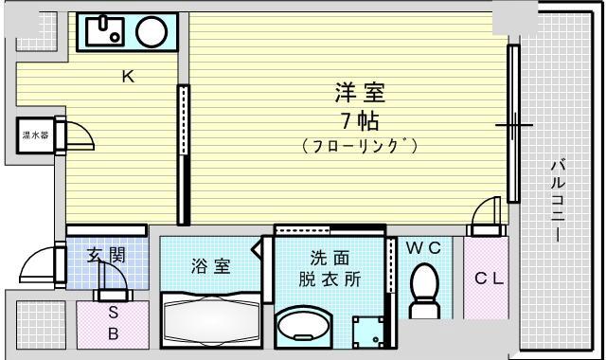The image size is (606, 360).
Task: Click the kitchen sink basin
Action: [105, 31]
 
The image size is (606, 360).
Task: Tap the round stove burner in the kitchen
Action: [151, 31]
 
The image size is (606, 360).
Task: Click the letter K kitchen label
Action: [129, 77]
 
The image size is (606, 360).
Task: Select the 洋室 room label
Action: [360, 93]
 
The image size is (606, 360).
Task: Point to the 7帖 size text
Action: [360, 120]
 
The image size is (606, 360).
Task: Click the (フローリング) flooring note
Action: [360, 146]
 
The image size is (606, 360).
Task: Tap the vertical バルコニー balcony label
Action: [558, 200]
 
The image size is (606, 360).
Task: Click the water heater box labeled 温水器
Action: [35, 135]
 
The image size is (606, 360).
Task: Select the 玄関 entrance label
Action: [107, 255]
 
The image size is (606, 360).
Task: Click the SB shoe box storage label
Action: [114, 323]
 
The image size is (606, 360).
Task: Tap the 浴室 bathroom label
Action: [211, 266]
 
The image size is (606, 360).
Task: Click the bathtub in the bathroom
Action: [211, 320]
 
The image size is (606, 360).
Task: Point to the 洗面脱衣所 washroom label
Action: [330, 268]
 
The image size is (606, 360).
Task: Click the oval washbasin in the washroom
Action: [305, 325]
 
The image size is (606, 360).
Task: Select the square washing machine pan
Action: [368, 333]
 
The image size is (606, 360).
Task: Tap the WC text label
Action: [423, 248]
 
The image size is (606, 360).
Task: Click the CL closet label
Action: [490, 278]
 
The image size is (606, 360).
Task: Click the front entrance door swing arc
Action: [30, 257]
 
